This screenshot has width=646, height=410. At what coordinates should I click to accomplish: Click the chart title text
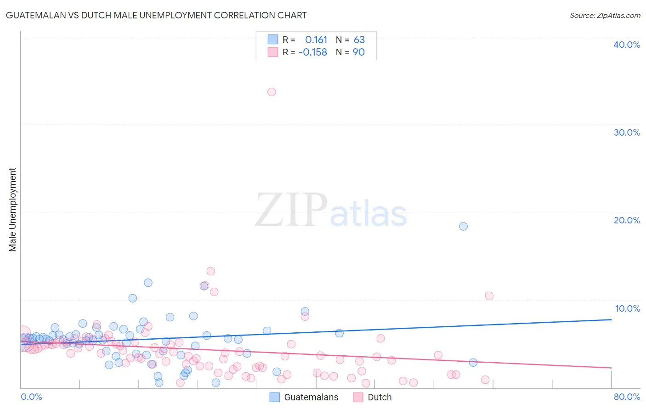pos(156,15)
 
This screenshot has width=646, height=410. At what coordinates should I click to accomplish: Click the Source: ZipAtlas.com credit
pos(605,16)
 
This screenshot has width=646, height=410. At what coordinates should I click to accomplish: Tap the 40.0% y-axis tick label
pos(627,45)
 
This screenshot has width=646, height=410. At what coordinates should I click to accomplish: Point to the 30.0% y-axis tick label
pos(627,132)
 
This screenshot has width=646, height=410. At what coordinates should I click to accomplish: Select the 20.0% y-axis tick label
pos(627,220)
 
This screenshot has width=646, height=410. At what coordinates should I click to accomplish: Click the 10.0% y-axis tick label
pos(628,308)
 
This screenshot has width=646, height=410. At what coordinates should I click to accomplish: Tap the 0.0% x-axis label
pos(31,397)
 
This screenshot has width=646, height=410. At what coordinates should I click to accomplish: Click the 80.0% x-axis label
pos(627,397)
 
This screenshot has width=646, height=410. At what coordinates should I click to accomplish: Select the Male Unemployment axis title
pos(13,210)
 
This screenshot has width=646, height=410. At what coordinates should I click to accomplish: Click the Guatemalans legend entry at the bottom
pos(311,397)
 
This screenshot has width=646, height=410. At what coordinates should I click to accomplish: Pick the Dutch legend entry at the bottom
pos(380,397)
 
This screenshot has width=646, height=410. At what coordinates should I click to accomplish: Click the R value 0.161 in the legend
pos(316,40)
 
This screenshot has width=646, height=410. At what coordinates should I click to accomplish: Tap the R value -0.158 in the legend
pos(313,52)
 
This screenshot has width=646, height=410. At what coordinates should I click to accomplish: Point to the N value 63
pos(359,40)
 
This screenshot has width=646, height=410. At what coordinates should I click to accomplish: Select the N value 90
pos(358,52)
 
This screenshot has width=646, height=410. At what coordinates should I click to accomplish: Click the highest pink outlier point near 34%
pos(272,92)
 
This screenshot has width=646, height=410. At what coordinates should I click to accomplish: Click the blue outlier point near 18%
pos(463,226)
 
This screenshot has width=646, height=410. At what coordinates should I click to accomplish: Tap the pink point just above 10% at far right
pos(489,296)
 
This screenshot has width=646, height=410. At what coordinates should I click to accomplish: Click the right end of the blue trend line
pos(611,319)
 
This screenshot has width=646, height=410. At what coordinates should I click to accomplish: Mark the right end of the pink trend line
pos(611,368)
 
